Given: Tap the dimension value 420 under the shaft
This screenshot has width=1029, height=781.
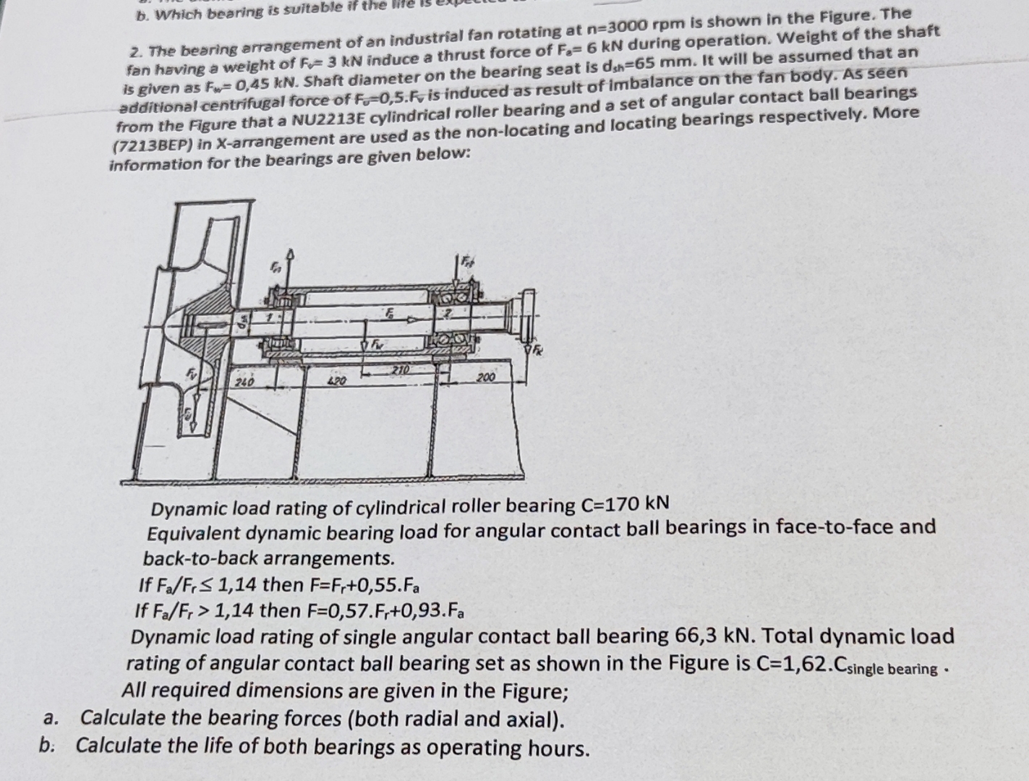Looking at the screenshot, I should (336, 380).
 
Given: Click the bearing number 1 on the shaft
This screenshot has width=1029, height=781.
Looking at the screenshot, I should (268, 317).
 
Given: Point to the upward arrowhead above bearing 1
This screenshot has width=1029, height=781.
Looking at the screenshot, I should (290, 255).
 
